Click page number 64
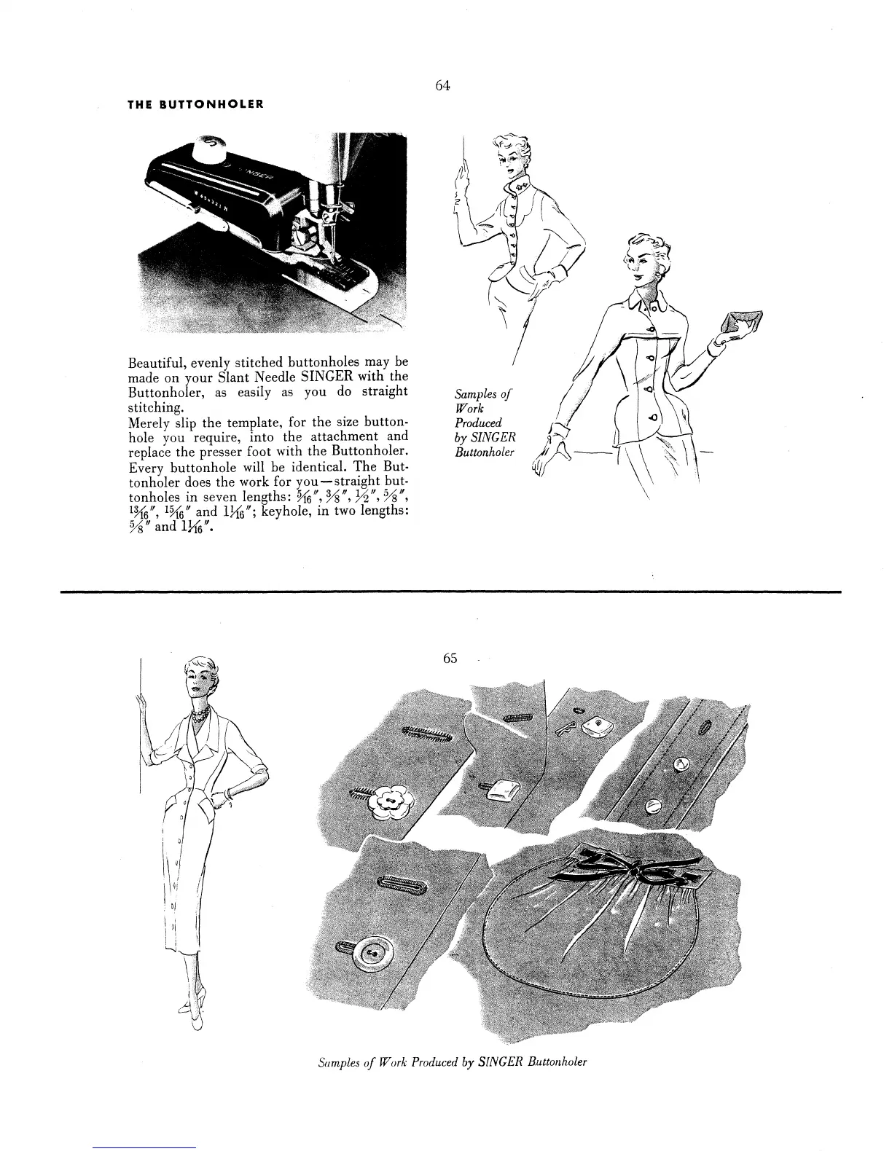[442, 85]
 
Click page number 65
[450, 658]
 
